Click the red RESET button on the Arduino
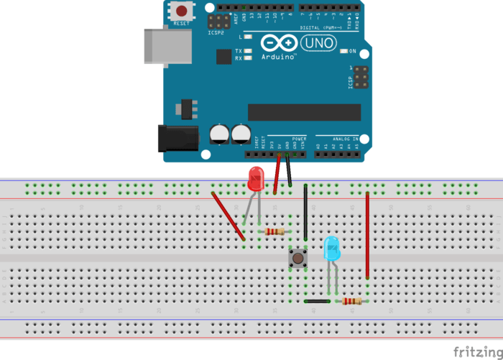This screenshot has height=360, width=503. (183, 11)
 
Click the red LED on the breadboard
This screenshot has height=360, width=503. (255, 179)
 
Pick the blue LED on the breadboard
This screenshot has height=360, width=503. (332, 249)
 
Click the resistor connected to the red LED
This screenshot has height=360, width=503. (274, 231)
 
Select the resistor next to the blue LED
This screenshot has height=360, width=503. (351, 301)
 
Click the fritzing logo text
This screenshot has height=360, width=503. (477, 351)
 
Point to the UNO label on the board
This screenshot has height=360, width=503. (316, 42)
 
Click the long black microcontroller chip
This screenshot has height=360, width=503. (304, 112)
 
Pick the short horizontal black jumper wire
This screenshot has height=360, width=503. (317, 301)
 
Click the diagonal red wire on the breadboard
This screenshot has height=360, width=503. (229, 216)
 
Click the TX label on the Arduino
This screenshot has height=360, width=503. (238, 51)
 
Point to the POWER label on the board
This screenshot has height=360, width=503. (299, 138)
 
